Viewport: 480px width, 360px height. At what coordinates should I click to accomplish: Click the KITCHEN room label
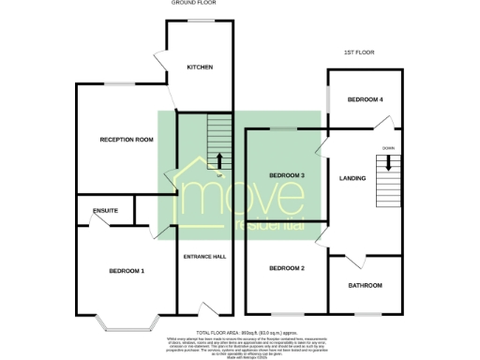click(200, 67)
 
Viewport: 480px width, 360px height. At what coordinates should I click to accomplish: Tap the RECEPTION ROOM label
click(127, 140)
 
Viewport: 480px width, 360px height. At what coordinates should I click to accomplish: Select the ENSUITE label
click(105, 211)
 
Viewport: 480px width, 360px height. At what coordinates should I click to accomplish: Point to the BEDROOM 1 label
click(126, 271)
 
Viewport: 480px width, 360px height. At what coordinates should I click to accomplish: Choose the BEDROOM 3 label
click(287, 175)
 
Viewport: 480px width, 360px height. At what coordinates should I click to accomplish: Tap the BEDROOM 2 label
click(287, 269)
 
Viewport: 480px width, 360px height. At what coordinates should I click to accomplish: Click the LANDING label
click(352, 178)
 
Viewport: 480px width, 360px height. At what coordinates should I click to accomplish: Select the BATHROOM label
click(365, 285)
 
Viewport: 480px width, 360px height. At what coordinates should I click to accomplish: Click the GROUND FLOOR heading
click(194, 4)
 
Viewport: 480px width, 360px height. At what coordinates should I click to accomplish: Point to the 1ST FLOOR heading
click(359, 52)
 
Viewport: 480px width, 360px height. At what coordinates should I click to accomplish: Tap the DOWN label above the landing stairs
click(387, 148)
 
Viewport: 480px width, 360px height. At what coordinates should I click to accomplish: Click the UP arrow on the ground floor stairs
click(219, 161)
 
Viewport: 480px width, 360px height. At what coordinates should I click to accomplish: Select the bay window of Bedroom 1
click(127, 326)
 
